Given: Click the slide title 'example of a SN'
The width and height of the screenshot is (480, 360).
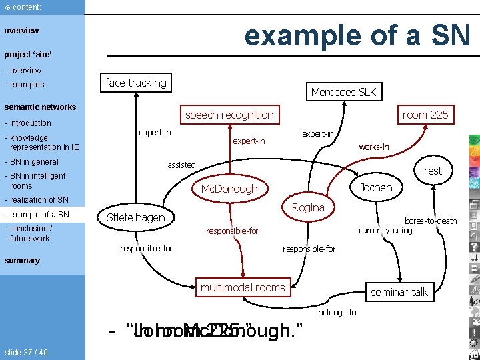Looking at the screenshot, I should coord(357,35).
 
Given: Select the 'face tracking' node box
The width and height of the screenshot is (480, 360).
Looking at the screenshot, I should coord(136,83).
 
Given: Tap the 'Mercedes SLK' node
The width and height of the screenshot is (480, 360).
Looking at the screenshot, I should coord(343,92).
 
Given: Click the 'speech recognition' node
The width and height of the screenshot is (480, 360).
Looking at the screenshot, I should coord(229,115).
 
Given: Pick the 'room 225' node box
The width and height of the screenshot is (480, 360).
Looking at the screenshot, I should coord(425,115).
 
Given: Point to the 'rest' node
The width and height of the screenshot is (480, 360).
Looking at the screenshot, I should coord(433,171).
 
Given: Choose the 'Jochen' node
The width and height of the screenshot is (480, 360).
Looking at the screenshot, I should coord(376,187).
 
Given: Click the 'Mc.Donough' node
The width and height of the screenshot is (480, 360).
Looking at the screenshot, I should coord(229,189).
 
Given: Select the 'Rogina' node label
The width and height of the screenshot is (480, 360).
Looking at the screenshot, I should coord(308,207).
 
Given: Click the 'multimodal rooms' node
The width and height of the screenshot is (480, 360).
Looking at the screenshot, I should coord(243,287).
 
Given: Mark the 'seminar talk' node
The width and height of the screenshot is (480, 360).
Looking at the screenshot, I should coord(399,292).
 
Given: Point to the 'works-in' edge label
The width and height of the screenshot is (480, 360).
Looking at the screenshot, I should coord(374,147).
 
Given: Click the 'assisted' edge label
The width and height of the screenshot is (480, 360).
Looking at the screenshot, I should coord(181,165).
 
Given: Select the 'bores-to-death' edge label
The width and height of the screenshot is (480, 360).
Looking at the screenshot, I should coord(431,221).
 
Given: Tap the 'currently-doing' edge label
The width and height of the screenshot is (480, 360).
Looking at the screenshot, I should coord(385,231).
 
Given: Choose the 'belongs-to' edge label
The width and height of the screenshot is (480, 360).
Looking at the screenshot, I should coord(337,312).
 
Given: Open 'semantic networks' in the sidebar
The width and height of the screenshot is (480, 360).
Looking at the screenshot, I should coord(40,107).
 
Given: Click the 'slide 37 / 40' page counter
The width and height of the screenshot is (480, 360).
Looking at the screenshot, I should coord(25,352).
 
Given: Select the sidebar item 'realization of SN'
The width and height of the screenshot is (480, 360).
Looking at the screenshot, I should coord(39,200).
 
